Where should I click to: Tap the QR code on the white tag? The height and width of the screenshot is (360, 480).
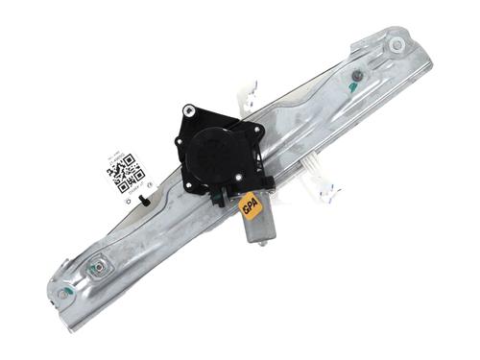point(124,174)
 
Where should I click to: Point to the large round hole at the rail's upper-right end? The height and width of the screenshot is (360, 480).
point(396,45)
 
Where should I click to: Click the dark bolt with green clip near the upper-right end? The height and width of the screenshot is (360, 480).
point(355,79)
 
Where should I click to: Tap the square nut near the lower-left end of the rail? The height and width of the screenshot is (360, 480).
point(96,269)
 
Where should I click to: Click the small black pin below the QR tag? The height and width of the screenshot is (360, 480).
point(143,200)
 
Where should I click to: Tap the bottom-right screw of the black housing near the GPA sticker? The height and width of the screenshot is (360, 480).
point(267,180)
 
